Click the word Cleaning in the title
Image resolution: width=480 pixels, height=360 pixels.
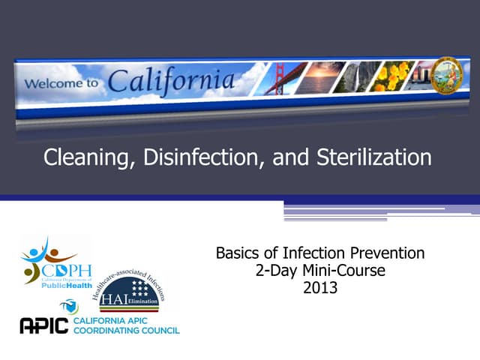tap(85, 158)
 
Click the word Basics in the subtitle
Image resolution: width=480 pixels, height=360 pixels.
tap(239, 253)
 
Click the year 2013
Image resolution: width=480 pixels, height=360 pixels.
tap(320, 286)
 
